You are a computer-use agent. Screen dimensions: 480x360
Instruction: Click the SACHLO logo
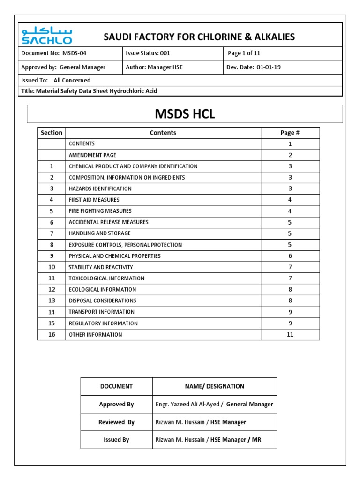[46, 36]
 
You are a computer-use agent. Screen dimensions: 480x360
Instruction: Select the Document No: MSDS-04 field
[54, 53]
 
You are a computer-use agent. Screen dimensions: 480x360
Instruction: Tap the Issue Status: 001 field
[148, 53]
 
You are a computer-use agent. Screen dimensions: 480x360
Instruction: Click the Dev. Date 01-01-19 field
[254, 67]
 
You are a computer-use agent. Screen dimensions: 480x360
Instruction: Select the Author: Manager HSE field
[154, 67]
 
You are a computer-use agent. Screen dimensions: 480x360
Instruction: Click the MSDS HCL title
[185, 114]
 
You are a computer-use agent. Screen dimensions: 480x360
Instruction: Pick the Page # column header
[290, 133]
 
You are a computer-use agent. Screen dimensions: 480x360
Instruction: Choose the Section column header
[52, 133]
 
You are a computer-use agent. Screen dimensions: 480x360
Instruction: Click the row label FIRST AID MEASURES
[94, 200]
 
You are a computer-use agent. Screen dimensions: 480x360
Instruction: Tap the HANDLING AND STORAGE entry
[99, 233]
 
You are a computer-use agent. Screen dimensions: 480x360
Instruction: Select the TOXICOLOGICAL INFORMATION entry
[106, 278]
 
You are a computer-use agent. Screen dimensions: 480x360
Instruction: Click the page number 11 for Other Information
[290, 335]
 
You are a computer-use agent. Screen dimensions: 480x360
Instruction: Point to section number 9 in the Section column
[52, 256]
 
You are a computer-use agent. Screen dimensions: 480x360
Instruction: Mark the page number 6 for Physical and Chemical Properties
[290, 256]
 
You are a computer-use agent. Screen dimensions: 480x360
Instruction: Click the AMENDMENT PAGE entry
[92, 155]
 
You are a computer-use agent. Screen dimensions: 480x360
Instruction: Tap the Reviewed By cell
[116, 422]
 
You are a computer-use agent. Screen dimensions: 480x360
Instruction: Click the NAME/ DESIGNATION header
[214, 386]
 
